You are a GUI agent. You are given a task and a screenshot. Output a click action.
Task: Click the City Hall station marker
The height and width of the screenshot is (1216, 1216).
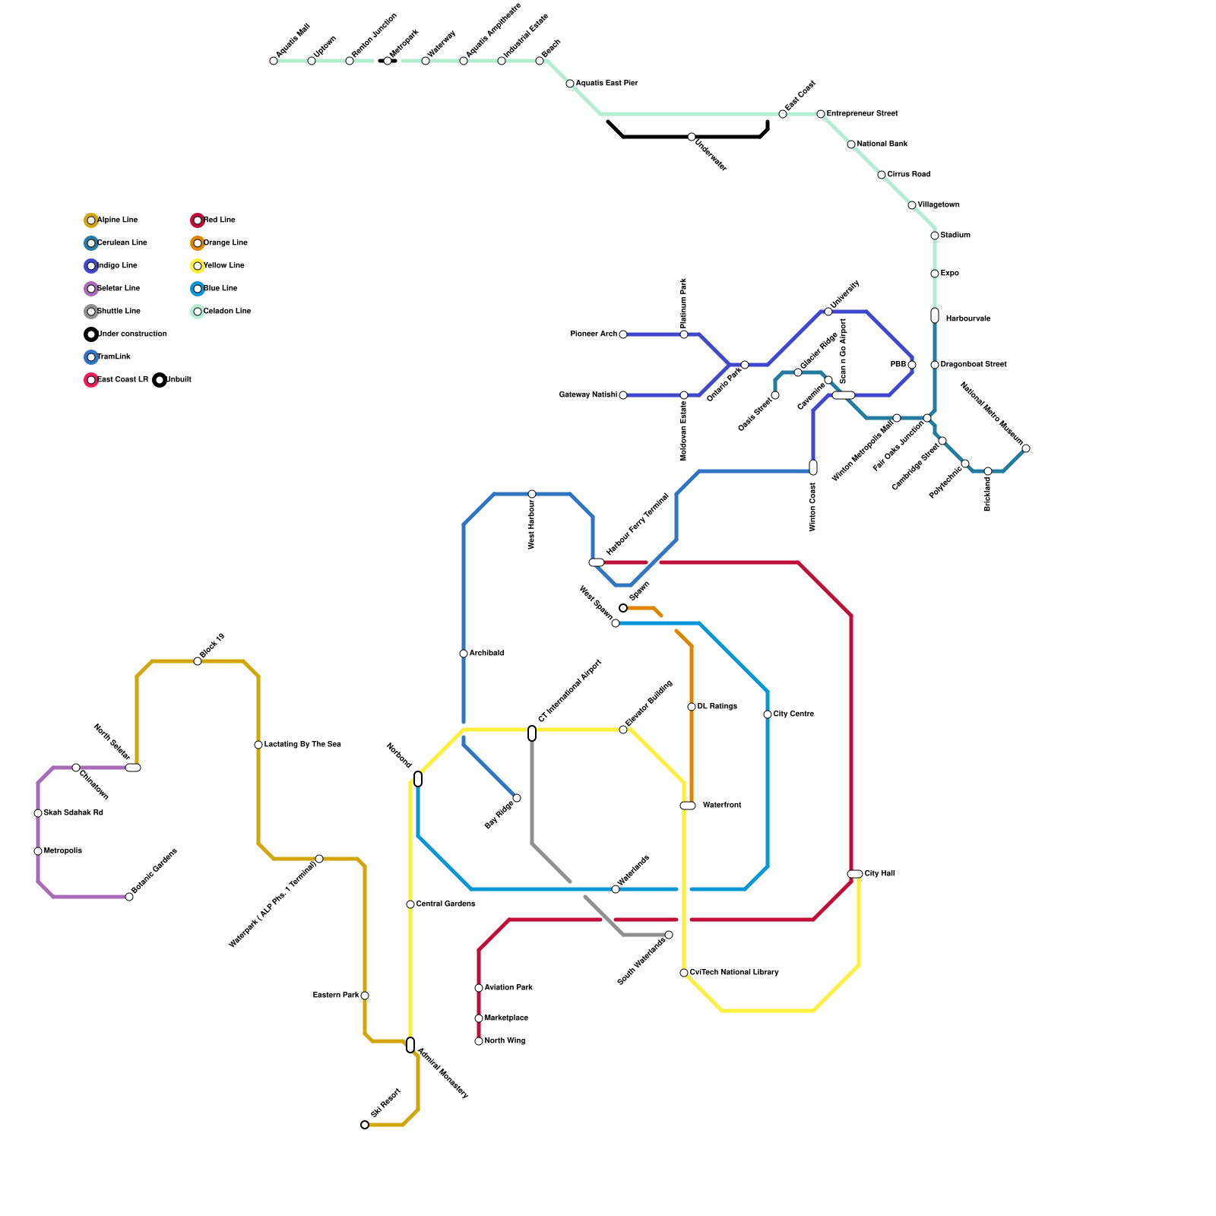pos(855,874)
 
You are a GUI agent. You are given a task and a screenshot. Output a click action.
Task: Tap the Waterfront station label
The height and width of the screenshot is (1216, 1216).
pos(722,806)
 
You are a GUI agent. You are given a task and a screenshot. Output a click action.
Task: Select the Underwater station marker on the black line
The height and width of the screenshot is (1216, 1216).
pos(692,137)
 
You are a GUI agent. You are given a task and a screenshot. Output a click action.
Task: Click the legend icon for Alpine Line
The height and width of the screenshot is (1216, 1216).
pos(91,220)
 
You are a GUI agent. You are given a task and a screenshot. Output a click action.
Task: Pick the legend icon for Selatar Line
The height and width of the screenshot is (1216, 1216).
pos(91,289)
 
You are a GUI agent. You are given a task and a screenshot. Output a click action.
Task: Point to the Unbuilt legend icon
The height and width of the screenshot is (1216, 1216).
pos(160,380)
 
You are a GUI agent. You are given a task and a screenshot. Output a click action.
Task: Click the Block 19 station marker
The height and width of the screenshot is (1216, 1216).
pos(198,661)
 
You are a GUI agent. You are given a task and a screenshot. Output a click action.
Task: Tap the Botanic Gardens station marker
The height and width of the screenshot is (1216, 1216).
pos(129,897)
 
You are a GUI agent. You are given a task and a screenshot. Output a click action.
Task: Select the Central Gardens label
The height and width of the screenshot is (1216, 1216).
pos(445,904)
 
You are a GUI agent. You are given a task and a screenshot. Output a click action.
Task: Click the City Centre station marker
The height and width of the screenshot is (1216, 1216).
pos(768,714)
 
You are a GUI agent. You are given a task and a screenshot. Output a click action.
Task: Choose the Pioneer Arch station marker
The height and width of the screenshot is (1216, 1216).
pos(623,334)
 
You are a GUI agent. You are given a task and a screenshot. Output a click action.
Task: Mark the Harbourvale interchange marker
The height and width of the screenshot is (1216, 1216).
pos(935,315)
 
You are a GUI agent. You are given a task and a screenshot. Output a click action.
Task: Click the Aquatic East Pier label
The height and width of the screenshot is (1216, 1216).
pos(606,84)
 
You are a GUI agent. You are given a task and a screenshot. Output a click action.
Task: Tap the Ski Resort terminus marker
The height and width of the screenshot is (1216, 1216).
pos(365,1125)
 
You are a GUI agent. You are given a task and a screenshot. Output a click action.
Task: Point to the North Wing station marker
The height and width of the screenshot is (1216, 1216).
pos(479,1041)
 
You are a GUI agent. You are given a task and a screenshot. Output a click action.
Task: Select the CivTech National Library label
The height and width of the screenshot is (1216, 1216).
pos(734,973)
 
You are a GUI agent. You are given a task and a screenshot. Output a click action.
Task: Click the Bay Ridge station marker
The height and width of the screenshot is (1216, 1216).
pos(517,798)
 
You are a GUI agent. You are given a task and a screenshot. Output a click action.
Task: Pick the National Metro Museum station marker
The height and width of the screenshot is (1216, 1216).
pos(1026,448)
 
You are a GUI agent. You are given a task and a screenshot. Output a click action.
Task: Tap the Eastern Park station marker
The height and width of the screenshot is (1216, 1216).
pos(365,996)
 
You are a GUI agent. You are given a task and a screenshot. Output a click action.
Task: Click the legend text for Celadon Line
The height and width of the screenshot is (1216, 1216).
pos(226,312)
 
